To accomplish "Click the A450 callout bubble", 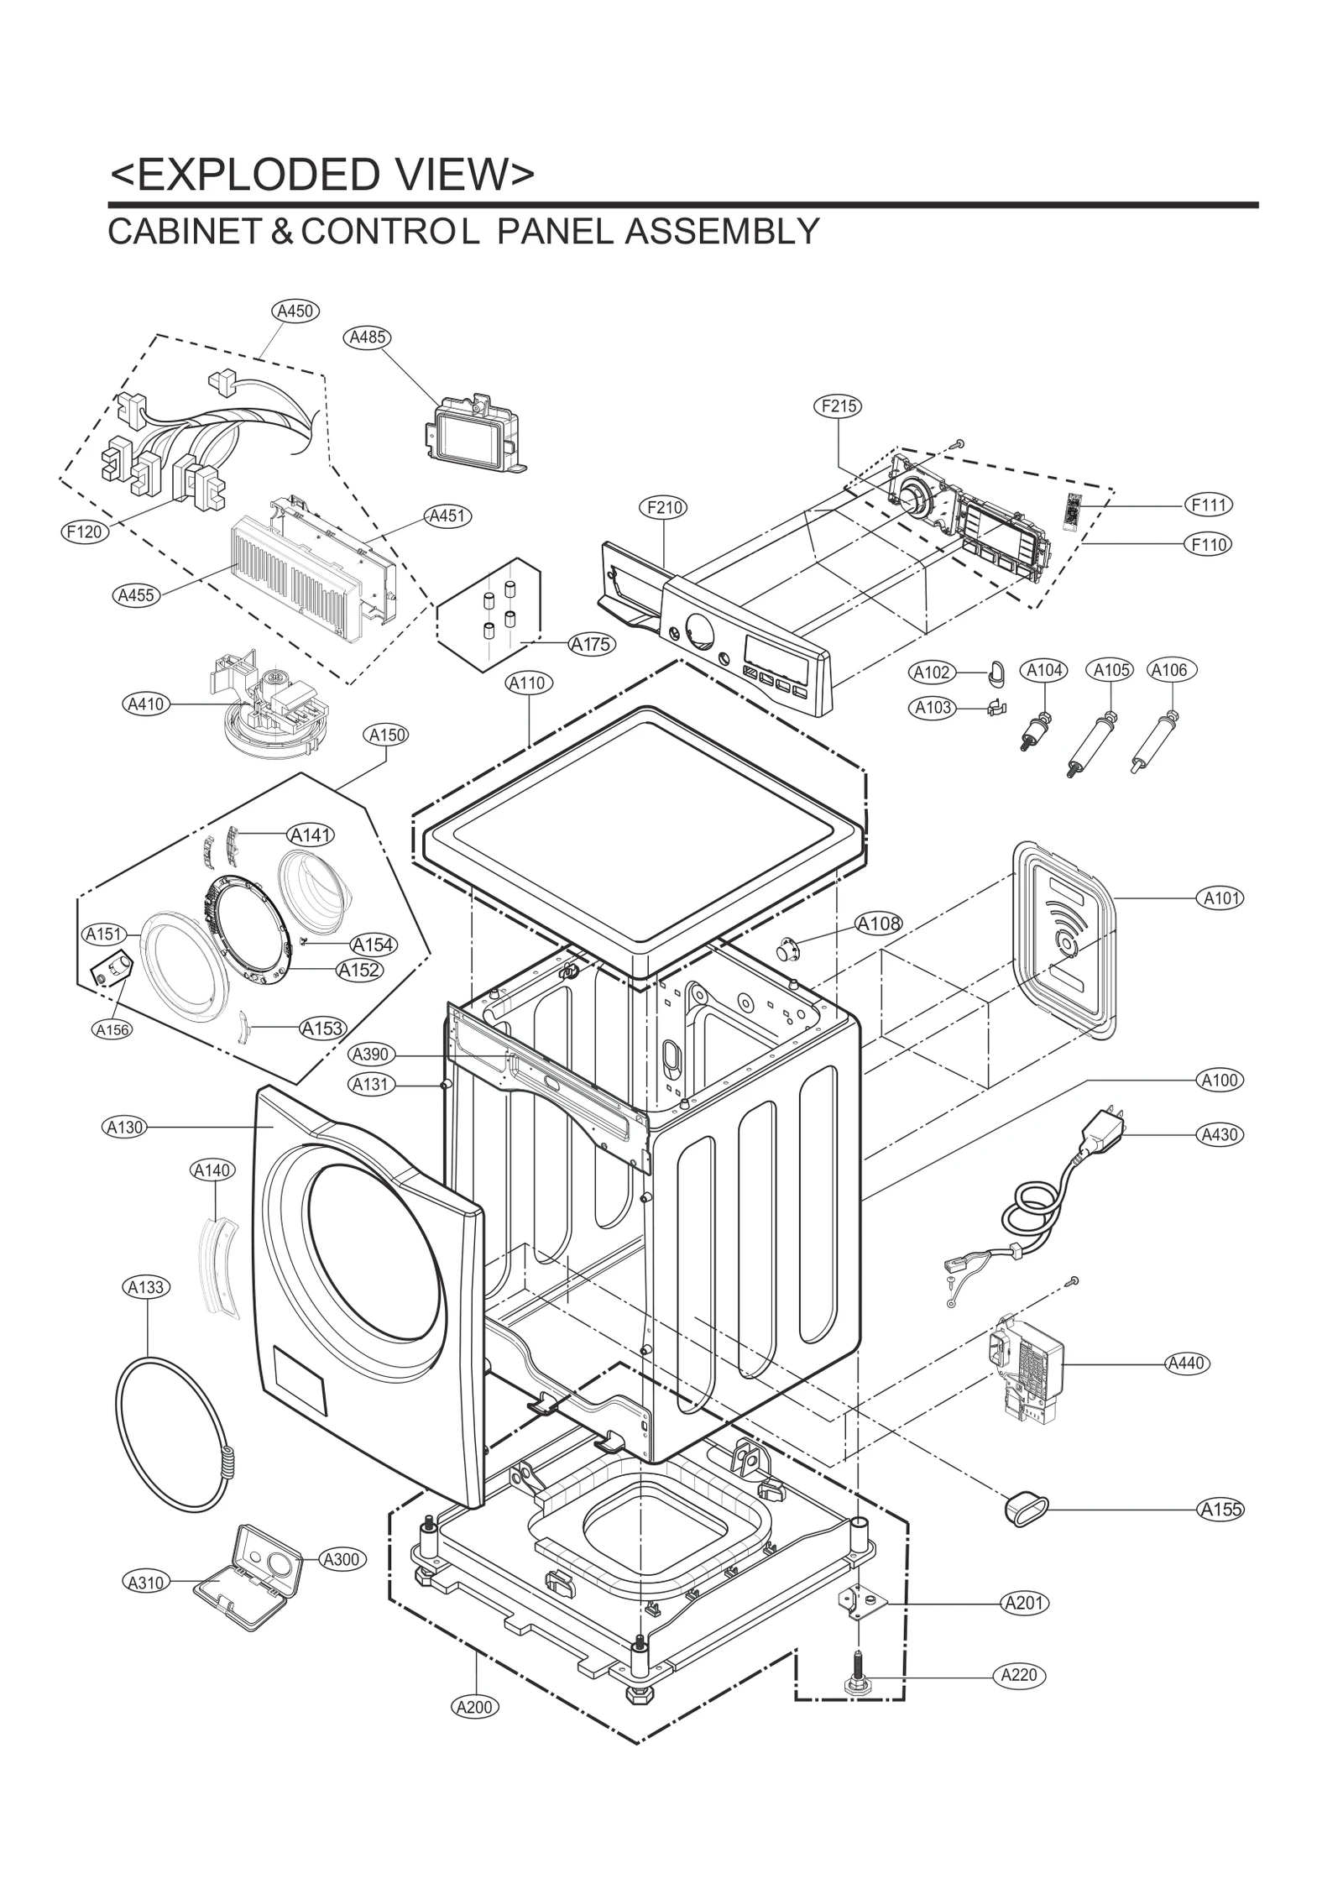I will tap(295, 311).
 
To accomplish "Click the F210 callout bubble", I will tap(663, 507).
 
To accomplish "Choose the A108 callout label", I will tap(878, 924).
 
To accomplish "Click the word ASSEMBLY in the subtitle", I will tap(721, 232).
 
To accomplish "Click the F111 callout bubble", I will tap(1209, 505).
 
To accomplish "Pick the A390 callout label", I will tap(371, 1055).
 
